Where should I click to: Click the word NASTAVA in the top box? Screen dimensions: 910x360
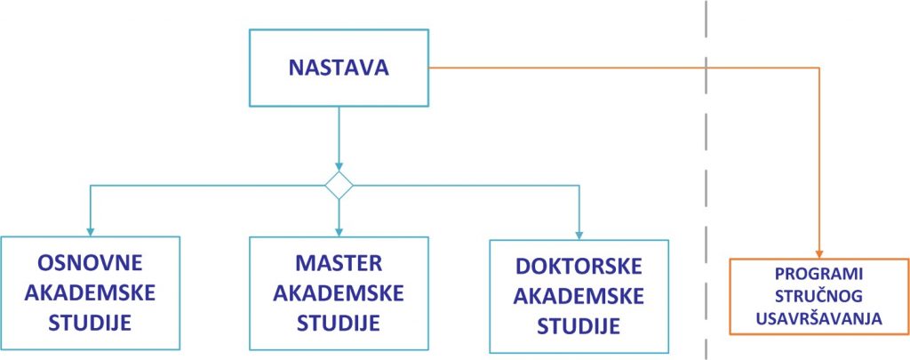(x=339, y=68)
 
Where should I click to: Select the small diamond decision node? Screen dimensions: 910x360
(x=339, y=185)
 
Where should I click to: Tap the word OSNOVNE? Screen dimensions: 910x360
(x=90, y=263)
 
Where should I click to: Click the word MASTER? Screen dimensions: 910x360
(x=339, y=263)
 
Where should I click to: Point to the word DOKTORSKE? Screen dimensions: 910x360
(x=579, y=267)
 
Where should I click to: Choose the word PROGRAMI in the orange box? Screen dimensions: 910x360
(x=818, y=274)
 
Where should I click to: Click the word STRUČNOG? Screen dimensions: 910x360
(x=818, y=296)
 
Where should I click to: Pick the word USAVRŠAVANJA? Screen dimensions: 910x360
(x=818, y=319)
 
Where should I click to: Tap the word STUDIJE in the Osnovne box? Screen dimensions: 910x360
(x=90, y=323)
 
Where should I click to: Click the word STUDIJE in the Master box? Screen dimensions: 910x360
(x=339, y=323)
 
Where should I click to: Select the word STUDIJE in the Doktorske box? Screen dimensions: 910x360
(x=579, y=326)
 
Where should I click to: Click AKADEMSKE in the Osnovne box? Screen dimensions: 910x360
(x=90, y=293)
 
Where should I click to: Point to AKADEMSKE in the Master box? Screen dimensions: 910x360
(x=339, y=293)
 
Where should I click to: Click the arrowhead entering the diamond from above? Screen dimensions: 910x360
(x=339, y=166)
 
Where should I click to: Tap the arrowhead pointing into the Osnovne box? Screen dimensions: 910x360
(x=90, y=232)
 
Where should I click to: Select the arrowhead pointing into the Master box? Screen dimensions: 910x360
(x=339, y=232)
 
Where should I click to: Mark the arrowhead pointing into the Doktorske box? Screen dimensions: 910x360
(x=579, y=236)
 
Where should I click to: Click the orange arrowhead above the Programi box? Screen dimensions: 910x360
(x=818, y=253)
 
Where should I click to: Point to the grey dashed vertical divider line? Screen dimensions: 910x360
(x=706, y=180)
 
